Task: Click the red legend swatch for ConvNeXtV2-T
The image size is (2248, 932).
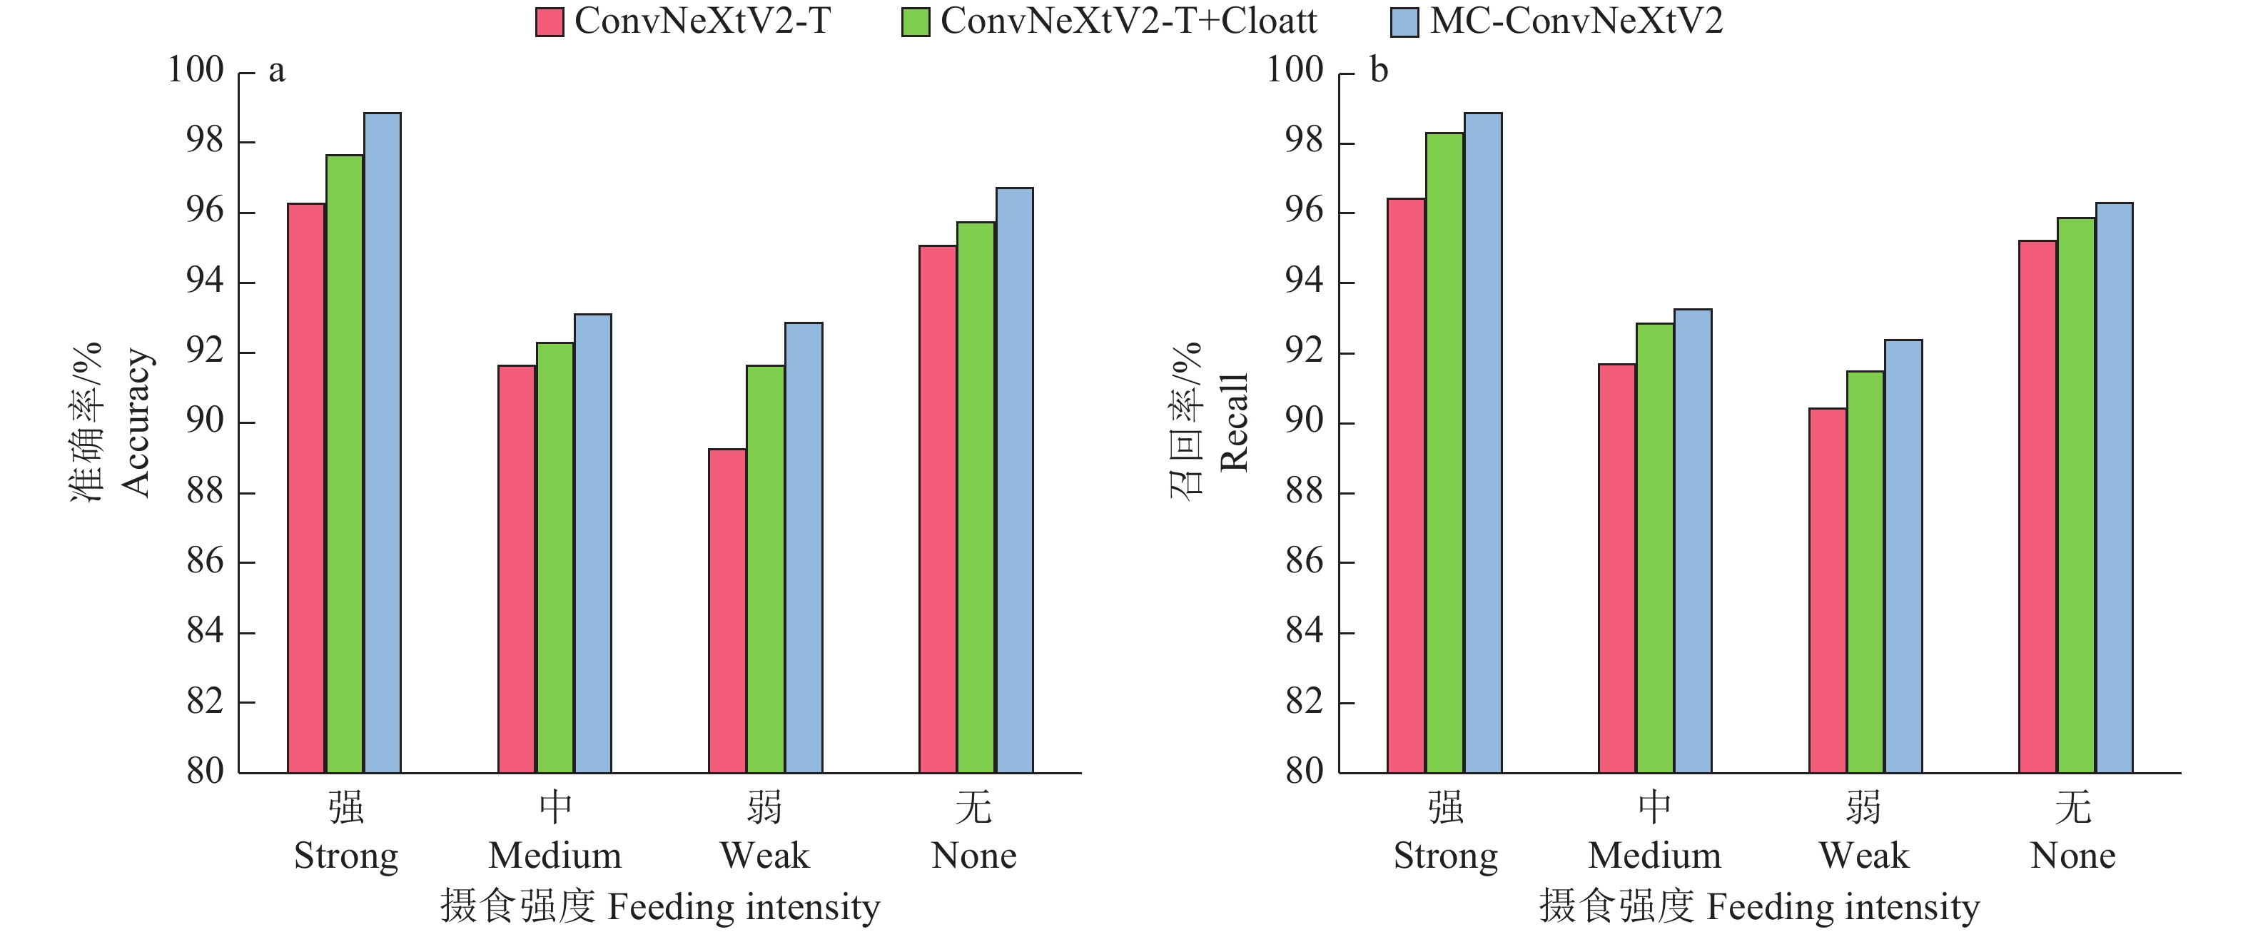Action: coord(550,22)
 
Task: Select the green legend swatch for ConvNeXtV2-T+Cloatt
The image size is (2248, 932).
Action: coord(916,22)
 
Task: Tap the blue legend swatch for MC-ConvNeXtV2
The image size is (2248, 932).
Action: coord(1404,22)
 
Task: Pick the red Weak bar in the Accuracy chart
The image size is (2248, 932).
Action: coord(727,611)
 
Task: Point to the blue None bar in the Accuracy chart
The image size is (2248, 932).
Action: coord(1014,480)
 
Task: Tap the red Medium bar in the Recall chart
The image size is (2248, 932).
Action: coord(1617,568)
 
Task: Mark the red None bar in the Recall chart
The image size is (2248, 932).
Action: coord(2037,506)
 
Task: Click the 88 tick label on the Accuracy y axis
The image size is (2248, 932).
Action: coord(205,492)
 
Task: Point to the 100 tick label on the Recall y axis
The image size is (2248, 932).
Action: coord(1295,70)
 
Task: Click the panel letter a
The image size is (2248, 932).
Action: coord(277,71)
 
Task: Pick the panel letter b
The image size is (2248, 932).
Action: coord(1379,71)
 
